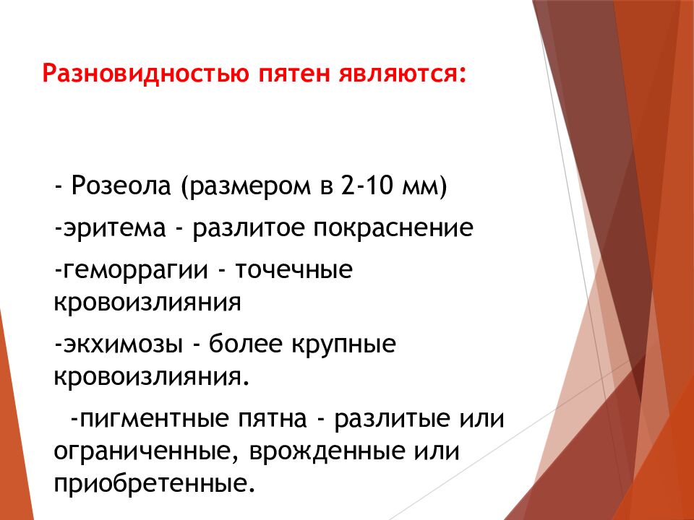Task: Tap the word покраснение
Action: (x=393, y=229)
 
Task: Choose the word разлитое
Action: (x=249, y=229)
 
